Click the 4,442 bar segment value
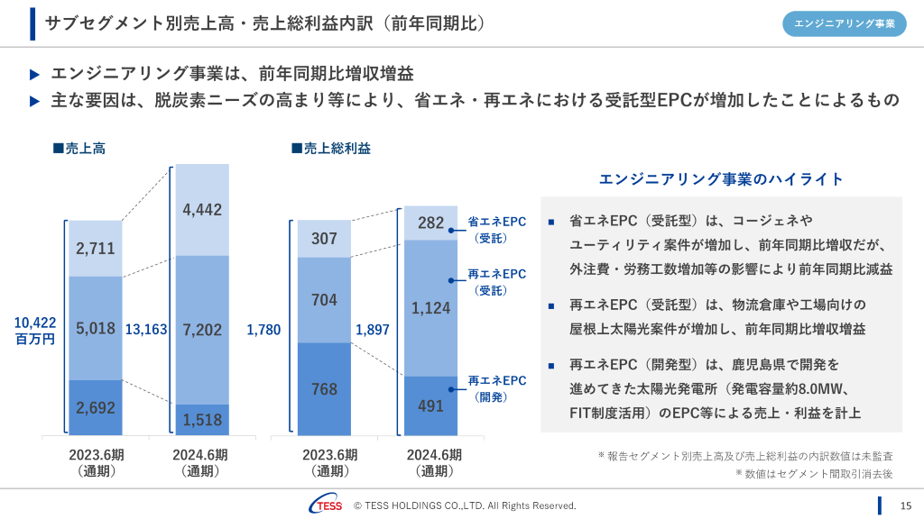202,210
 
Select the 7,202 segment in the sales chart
202,330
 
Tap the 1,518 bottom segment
202,419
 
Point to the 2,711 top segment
95,248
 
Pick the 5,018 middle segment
95,328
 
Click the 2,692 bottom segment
95,407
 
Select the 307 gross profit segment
324,239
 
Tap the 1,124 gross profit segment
430,308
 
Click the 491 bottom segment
430,405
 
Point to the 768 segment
324,389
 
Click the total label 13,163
146,330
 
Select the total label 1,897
373,330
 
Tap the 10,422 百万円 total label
35,331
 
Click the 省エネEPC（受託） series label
495,230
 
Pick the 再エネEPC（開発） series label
496,388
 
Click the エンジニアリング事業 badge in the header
844,24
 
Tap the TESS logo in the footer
325,505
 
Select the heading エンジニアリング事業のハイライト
721,179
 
